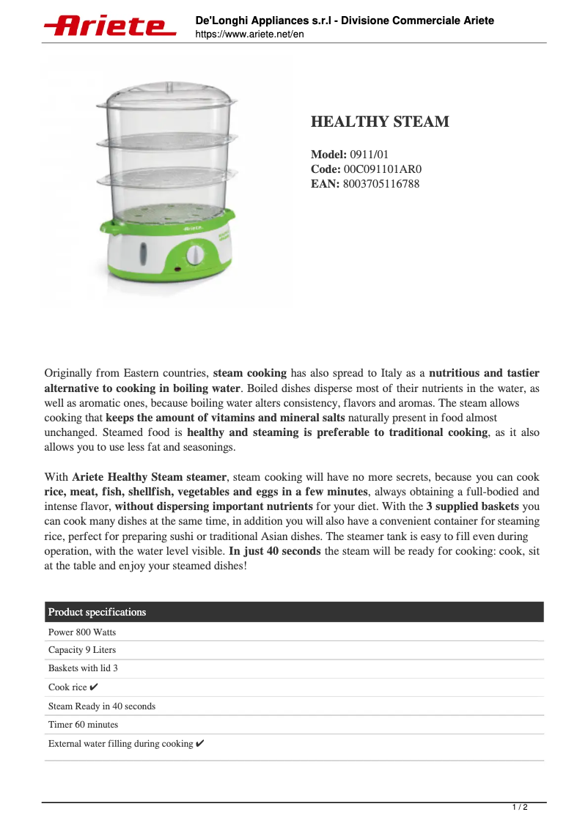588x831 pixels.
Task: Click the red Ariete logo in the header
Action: (x=110, y=26)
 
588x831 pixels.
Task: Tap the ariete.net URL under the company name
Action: (x=249, y=34)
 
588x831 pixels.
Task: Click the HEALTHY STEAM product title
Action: (x=380, y=122)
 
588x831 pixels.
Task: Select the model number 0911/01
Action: (x=369, y=155)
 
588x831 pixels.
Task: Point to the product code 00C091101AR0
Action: (x=383, y=169)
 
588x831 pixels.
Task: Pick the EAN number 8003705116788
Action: (x=381, y=184)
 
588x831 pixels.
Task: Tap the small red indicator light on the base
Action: (x=177, y=270)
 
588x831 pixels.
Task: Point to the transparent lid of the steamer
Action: (x=167, y=95)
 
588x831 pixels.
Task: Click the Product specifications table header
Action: (x=97, y=612)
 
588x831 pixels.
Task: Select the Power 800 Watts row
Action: (x=82, y=632)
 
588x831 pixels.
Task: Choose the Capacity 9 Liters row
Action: (x=82, y=650)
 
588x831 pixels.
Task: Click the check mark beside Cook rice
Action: (x=94, y=687)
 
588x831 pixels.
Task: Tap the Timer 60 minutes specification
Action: (x=83, y=725)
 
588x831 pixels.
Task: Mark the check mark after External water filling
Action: (x=200, y=744)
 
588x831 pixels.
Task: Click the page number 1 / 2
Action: (x=519, y=808)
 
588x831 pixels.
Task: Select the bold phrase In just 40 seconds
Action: (x=275, y=551)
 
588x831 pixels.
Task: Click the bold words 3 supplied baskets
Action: (x=472, y=506)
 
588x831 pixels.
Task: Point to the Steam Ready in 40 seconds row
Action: (x=102, y=706)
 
